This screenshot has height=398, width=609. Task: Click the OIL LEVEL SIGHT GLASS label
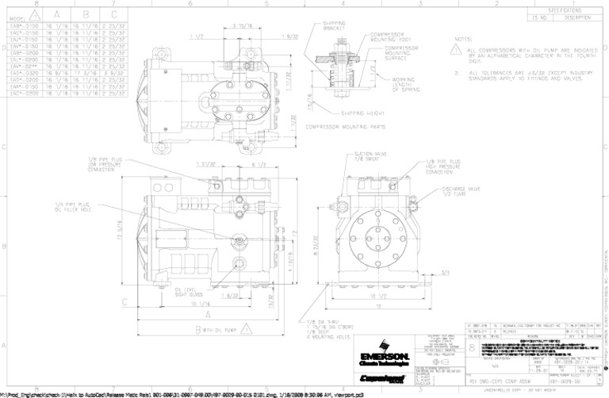coord(187,292)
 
